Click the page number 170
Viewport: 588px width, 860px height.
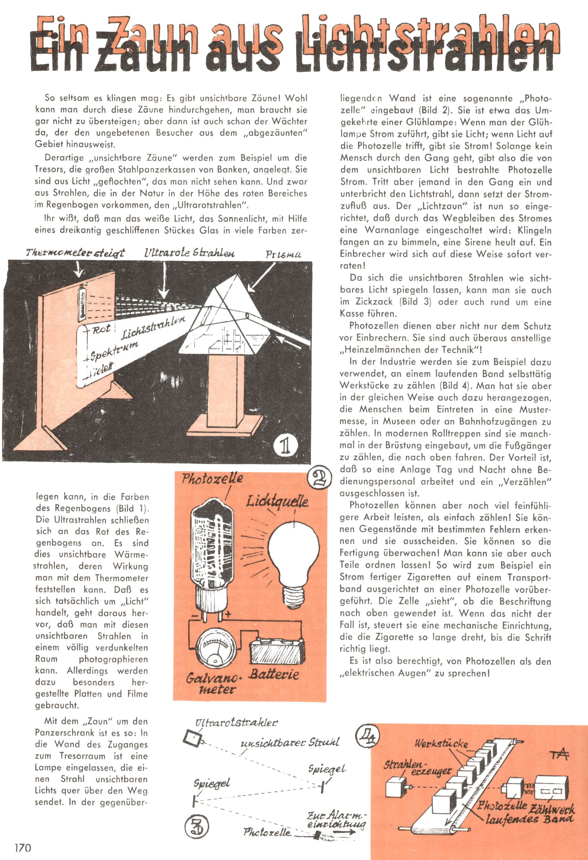point(23,848)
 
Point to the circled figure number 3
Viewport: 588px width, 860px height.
point(196,835)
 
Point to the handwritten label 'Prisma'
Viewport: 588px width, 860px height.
point(283,255)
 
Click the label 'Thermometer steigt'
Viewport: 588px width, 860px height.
point(76,253)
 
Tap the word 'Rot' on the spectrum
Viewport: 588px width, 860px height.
point(101,329)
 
